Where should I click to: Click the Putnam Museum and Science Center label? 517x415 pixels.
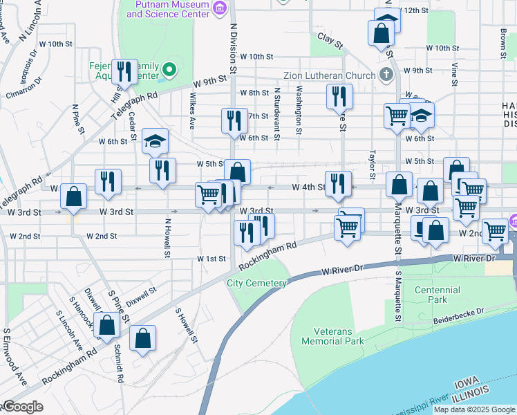click(168, 8)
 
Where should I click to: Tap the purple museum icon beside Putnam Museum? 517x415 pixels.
click(220, 8)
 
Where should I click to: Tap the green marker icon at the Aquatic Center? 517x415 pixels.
click(169, 69)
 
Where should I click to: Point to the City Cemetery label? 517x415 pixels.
click(256, 283)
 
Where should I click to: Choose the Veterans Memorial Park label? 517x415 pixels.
click(332, 336)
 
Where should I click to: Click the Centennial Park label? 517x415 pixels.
click(437, 295)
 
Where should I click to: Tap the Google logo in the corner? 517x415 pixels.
click(22, 407)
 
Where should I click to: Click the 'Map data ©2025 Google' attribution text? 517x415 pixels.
click(474, 409)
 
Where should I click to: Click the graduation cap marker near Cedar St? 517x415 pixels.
click(155, 141)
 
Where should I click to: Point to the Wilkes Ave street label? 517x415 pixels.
click(192, 113)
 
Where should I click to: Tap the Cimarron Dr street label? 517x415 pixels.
click(23, 88)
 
